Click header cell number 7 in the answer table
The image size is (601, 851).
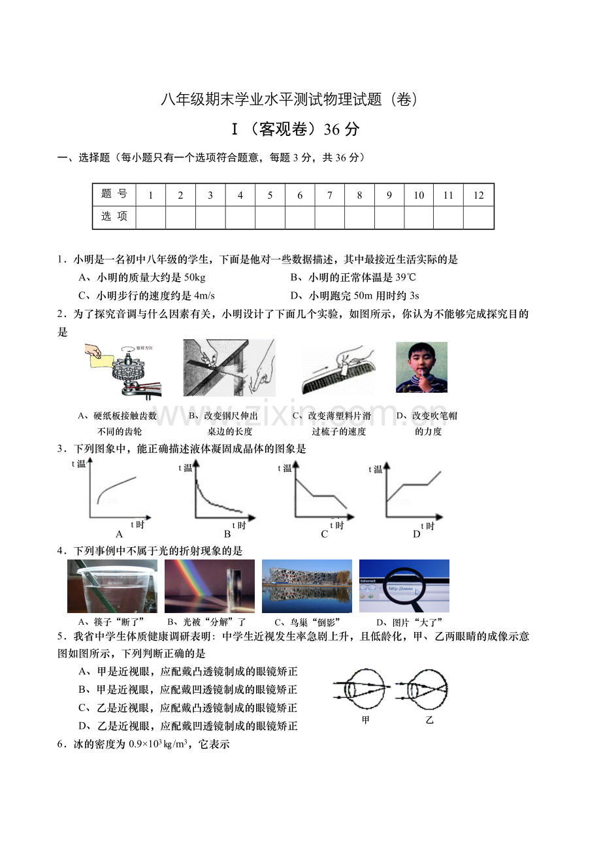click(329, 195)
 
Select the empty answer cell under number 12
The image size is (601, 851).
click(478, 217)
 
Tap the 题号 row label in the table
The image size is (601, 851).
click(114, 195)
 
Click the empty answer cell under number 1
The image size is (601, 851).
click(151, 217)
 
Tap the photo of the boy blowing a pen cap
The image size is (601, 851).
click(421, 367)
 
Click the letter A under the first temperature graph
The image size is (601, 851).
click(119, 535)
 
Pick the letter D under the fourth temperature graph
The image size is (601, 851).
click(417, 535)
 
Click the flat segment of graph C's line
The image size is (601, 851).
click(323, 496)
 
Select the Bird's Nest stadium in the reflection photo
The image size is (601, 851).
click(307, 575)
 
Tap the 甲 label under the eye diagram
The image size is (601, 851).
click(365, 720)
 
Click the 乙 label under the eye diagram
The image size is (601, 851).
click(429, 720)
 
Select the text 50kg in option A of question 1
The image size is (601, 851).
click(195, 278)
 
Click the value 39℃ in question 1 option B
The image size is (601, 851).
click(406, 277)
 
